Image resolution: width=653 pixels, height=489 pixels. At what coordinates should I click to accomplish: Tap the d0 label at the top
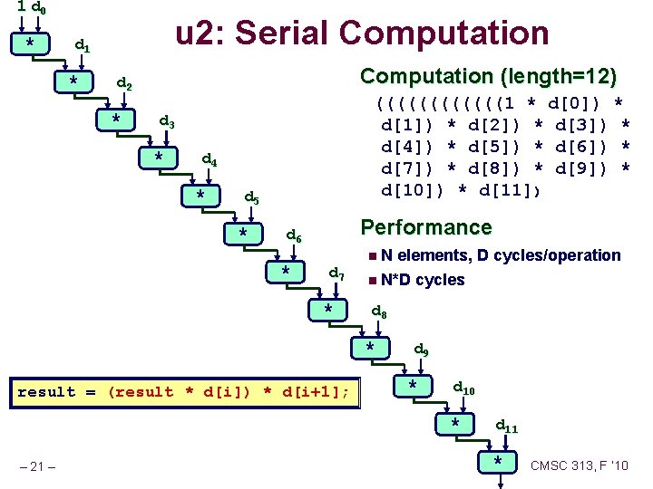point(39,8)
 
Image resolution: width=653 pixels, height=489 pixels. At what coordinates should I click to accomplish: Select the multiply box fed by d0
point(31,43)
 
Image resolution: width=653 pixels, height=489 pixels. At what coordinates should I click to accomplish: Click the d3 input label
point(167,120)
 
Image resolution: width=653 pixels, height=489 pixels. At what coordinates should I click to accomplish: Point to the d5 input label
point(252,198)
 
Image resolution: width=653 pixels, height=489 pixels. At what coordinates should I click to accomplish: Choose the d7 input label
point(336,273)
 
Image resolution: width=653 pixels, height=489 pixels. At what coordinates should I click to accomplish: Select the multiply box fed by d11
point(499,462)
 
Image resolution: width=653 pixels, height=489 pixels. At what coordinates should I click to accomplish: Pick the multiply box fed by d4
point(200,196)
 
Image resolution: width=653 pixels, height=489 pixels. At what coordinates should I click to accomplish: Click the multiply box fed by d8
point(371,349)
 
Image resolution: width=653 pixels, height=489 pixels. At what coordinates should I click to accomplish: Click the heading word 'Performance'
point(426,227)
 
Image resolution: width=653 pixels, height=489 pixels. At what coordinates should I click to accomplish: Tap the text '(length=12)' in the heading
point(563,76)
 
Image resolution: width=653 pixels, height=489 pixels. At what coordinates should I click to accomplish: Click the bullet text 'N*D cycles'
point(423,280)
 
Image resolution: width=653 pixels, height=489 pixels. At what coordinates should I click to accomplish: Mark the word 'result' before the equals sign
point(47,391)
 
